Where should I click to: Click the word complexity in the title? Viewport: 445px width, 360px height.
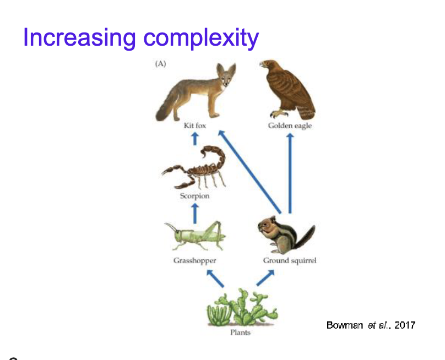pos(200,39)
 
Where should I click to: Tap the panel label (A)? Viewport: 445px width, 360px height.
pos(160,64)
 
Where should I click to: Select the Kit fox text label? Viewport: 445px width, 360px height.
pos(195,126)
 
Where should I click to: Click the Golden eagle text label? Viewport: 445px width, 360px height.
pos(290,126)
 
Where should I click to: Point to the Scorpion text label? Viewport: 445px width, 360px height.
pos(194,196)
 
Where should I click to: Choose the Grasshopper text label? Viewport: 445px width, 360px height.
pos(194,260)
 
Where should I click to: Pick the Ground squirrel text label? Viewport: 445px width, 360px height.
pos(290,260)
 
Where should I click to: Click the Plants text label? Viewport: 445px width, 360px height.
pos(240,332)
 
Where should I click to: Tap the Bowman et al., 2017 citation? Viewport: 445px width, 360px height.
pos(371,325)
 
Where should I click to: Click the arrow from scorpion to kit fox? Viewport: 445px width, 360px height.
pos(195,138)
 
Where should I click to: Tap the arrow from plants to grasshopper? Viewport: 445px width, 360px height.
pos(214,279)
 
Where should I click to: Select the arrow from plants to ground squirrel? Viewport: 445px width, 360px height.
pos(265,278)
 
